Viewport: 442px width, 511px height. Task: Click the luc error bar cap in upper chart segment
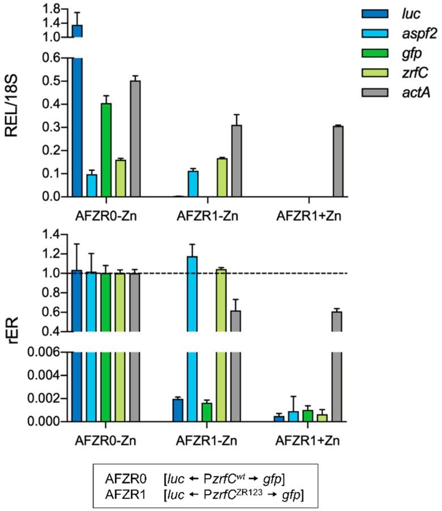(x=77, y=12)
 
